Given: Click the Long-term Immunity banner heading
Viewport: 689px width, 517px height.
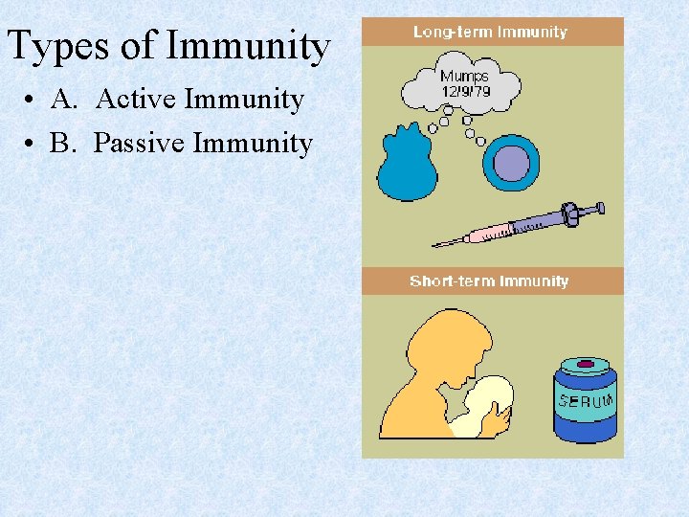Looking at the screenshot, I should coord(490,32).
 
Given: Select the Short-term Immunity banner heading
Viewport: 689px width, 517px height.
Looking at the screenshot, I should coord(489,281).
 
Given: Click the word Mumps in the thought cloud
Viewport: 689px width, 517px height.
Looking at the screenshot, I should coord(464,76).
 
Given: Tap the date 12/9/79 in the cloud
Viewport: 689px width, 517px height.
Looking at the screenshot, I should coord(464,91).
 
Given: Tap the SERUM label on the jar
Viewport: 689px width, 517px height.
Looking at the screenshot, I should coord(585,401).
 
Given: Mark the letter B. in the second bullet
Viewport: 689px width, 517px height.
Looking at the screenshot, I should coord(63,144).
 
